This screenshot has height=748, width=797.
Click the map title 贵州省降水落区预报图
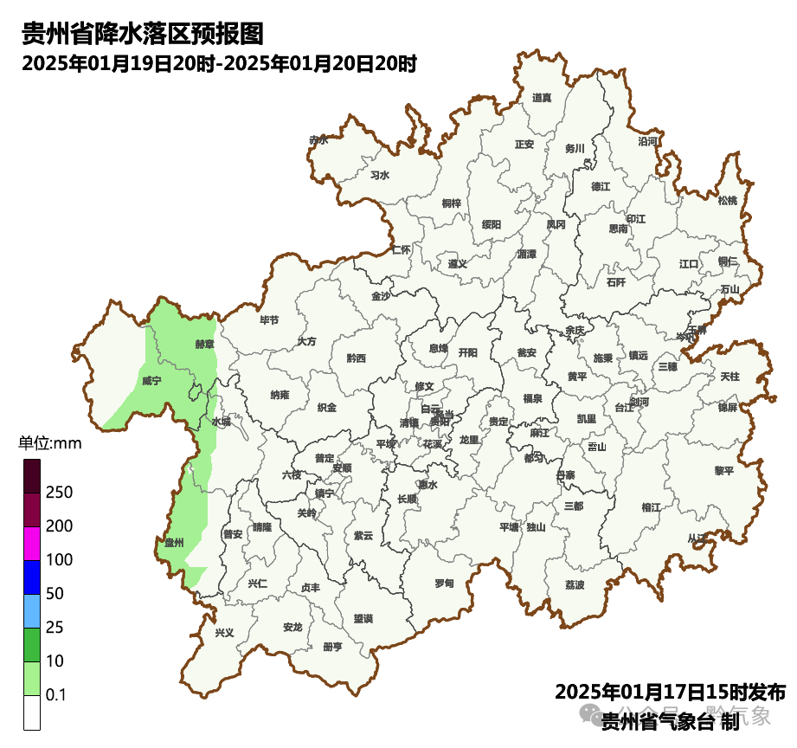[142, 35]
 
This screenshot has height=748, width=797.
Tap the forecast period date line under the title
[220, 63]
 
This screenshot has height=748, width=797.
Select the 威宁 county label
[151, 381]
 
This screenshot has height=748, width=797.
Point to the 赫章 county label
[204, 344]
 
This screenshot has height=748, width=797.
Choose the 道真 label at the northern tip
[543, 98]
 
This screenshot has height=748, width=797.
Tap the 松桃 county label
[727, 201]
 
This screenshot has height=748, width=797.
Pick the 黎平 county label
[723, 471]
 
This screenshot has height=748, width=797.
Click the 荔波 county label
[575, 585]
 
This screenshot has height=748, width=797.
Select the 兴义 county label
[224, 633]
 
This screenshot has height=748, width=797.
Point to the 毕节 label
[269, 320]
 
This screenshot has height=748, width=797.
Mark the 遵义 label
[458, 264]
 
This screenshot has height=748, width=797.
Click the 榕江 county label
[651, 506]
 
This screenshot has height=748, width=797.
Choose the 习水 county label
[380, 175]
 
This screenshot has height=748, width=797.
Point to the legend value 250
[60, 493]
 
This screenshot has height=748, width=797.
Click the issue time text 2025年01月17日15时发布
[670, 693]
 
